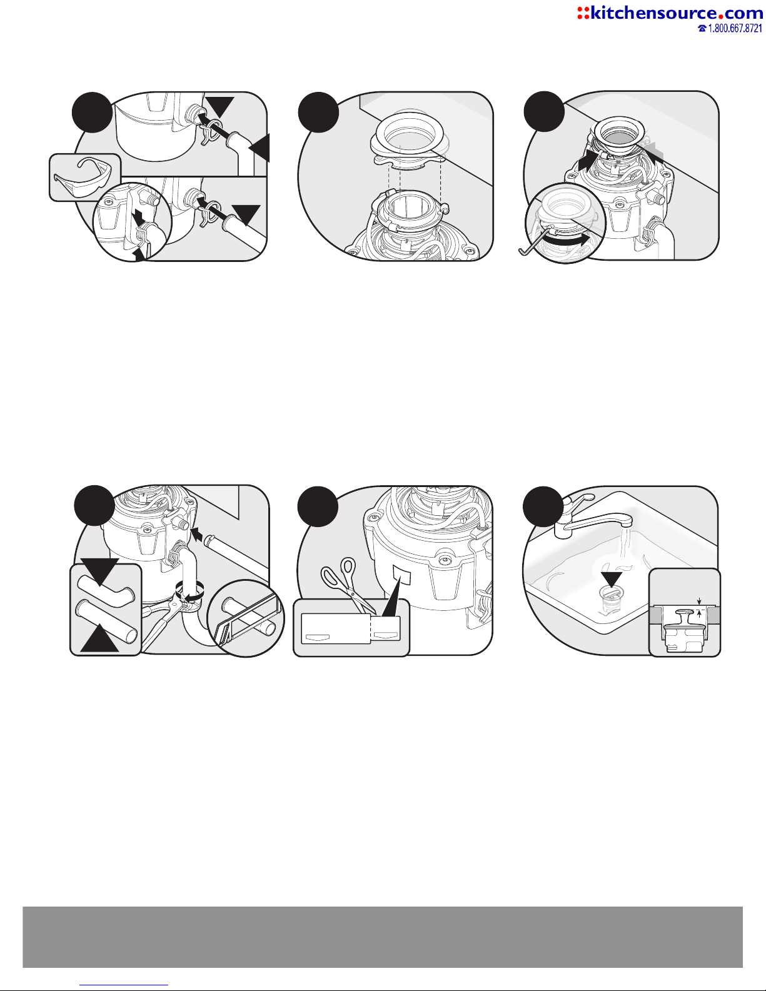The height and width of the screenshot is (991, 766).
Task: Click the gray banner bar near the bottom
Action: (x=383, y=937)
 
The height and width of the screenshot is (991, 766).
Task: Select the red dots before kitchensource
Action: (x=583, y=13)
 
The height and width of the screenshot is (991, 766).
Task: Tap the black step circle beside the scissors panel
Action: (x=318, y=506)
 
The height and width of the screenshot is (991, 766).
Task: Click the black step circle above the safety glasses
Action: (x=93, y=113)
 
